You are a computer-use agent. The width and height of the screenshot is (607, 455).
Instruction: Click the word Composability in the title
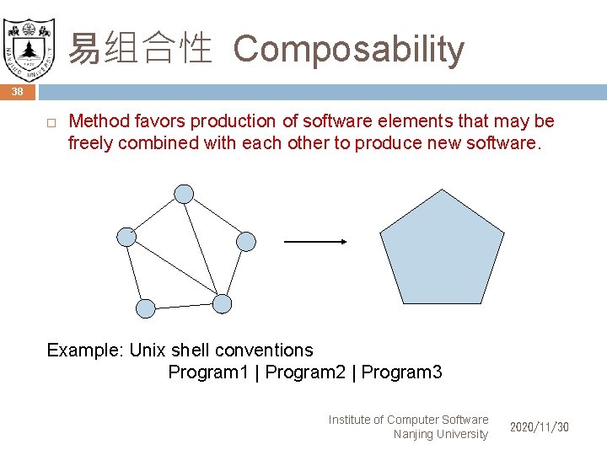[x=348, y=50]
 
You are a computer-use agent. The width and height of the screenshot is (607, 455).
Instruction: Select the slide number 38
[x=18, y=92]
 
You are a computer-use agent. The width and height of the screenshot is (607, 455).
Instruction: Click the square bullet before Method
[x=51, y=123]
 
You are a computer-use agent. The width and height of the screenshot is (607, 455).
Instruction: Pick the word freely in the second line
[x=90, y=142]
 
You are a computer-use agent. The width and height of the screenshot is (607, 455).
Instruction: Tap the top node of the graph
[x=184, y=194]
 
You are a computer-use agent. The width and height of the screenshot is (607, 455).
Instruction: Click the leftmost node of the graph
[x=126, y=237]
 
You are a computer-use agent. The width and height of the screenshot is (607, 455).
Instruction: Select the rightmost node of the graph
[x=245, y=242]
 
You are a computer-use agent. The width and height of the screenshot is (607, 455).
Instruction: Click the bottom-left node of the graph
[x=146, y=308]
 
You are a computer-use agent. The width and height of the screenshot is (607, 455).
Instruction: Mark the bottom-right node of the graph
[x=222, y=302]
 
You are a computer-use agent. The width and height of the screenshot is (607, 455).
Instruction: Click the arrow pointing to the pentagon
[x=315, y=242]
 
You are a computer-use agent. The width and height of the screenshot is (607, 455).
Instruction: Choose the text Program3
[x=401, y=372]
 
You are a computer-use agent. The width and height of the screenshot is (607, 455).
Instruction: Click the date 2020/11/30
[x=540, y=427]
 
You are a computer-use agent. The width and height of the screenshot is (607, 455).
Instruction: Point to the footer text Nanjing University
[x=440, y=434]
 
